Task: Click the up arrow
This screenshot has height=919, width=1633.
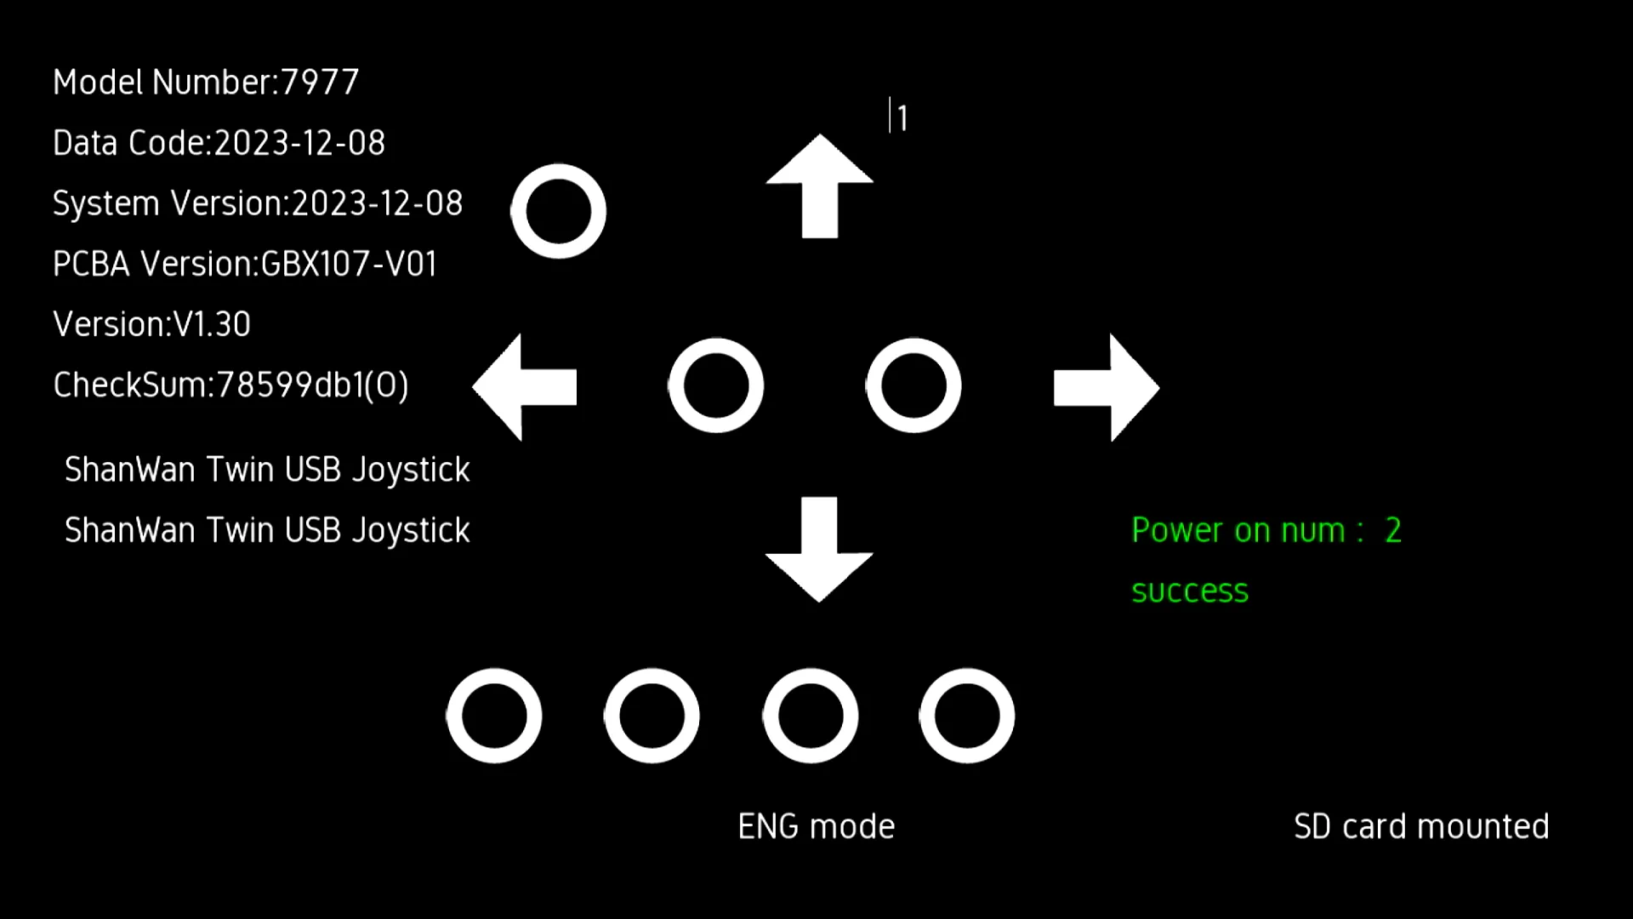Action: (x=819, y=187)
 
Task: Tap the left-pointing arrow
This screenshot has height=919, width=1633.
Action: (x=525, y=387)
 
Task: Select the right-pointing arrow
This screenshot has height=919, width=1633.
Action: (x=1107, y=387)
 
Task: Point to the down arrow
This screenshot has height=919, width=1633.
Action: (x=819, y=549)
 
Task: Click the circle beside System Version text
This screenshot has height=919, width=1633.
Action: (x=558, y=211)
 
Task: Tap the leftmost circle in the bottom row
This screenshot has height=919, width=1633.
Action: (x=494, y=716)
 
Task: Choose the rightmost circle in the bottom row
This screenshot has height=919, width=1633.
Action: (x=967, y=716)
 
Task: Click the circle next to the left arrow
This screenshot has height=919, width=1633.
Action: (x=716, y=385)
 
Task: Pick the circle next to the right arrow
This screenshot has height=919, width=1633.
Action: (x=913, y=385)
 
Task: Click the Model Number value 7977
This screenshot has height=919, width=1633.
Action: (x=320, y=83)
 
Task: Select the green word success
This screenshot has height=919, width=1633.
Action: (x=1190, y=591)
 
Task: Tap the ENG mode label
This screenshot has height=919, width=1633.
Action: (x=816, y=827)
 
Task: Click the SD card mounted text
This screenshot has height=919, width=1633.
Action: (x=1421, y=827)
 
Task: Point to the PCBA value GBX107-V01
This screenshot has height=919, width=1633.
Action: (x=349, y=265)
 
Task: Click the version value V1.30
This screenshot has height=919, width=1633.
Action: (x=212, y=325)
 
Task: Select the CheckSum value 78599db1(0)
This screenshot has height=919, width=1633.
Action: (x=312, y=385)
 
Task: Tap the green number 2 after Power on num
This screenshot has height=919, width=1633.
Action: (x=1393, y=531)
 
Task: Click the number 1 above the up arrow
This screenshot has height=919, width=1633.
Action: (x=902, y=118)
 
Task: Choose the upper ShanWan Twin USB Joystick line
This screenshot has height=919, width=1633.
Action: (x=267, y=471)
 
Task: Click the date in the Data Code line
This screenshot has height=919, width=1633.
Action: (x=299, y=143)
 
